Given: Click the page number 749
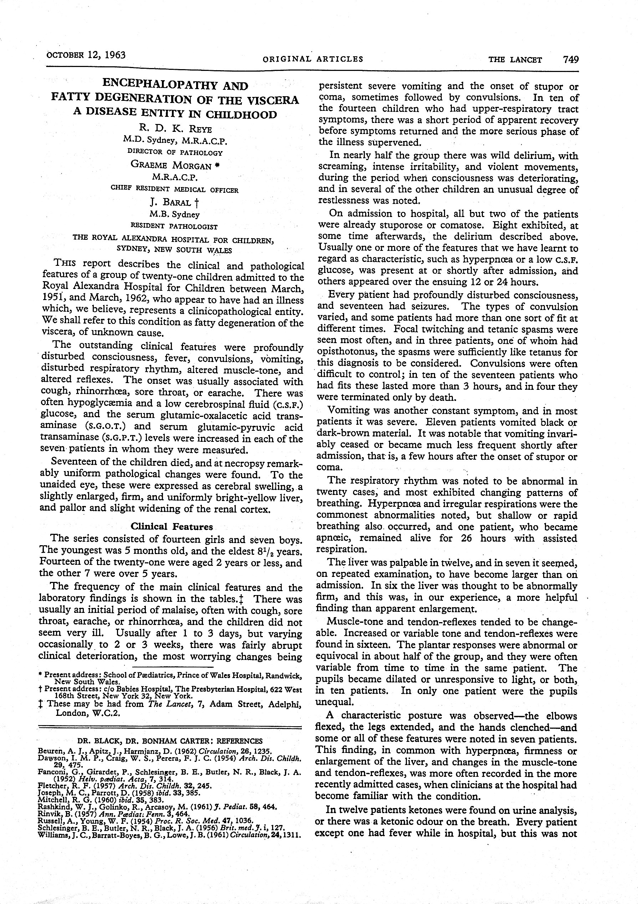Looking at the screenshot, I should pos(571,60).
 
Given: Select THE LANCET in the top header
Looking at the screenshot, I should pos(515,60).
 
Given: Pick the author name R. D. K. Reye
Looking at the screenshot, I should pos(175,128).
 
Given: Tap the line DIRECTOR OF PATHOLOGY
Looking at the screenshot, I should pos(175,152).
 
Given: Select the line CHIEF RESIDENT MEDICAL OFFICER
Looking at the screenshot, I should pos(175,190).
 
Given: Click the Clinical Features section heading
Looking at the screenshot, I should pos(172,526).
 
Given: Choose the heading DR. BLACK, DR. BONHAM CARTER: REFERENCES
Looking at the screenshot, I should pos(170,740).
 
